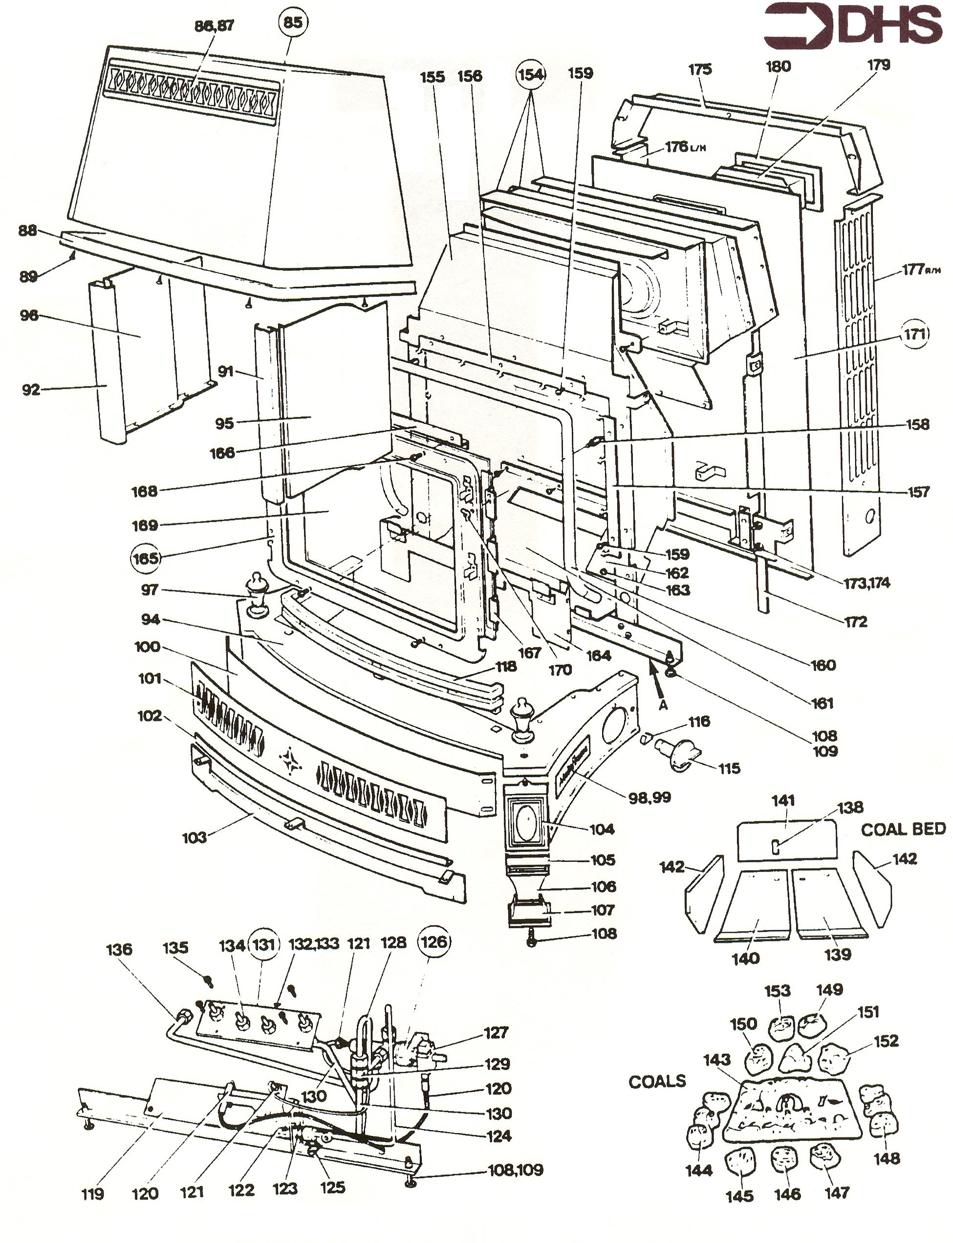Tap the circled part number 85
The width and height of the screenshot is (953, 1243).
coord(293,22)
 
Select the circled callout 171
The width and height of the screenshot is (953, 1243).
coord(914,335)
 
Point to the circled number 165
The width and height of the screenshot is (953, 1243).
coord(145,558)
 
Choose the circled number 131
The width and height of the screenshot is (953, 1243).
coord(264,944)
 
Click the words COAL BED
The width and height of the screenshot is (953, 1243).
coord(903,829)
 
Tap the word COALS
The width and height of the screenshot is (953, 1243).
coord(657,1081)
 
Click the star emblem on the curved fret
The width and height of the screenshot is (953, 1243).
coord(290,762)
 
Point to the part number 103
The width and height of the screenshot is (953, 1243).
coord(195,837)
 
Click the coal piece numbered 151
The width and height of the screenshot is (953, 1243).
coord(799,1059)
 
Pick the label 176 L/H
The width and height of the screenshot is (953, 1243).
coord(686,148)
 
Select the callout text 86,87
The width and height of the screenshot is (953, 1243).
coord(214,25)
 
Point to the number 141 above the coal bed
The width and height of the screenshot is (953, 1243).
coord(783,801)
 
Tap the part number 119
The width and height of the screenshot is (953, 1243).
coord(92,1194)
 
